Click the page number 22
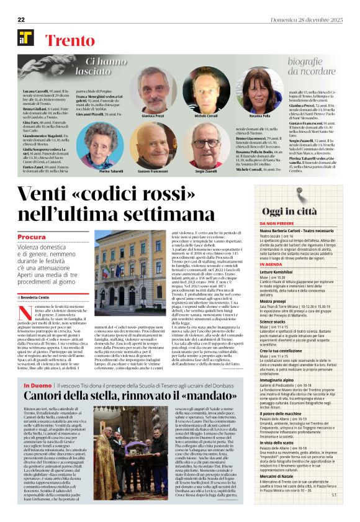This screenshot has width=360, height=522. click(21, 19)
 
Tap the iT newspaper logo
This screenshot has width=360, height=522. click(25, 38)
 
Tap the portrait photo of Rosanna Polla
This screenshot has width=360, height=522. click(259, 92)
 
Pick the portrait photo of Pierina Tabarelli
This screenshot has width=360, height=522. click(101, 145)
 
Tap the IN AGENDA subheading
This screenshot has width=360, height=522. click(271, 264)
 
